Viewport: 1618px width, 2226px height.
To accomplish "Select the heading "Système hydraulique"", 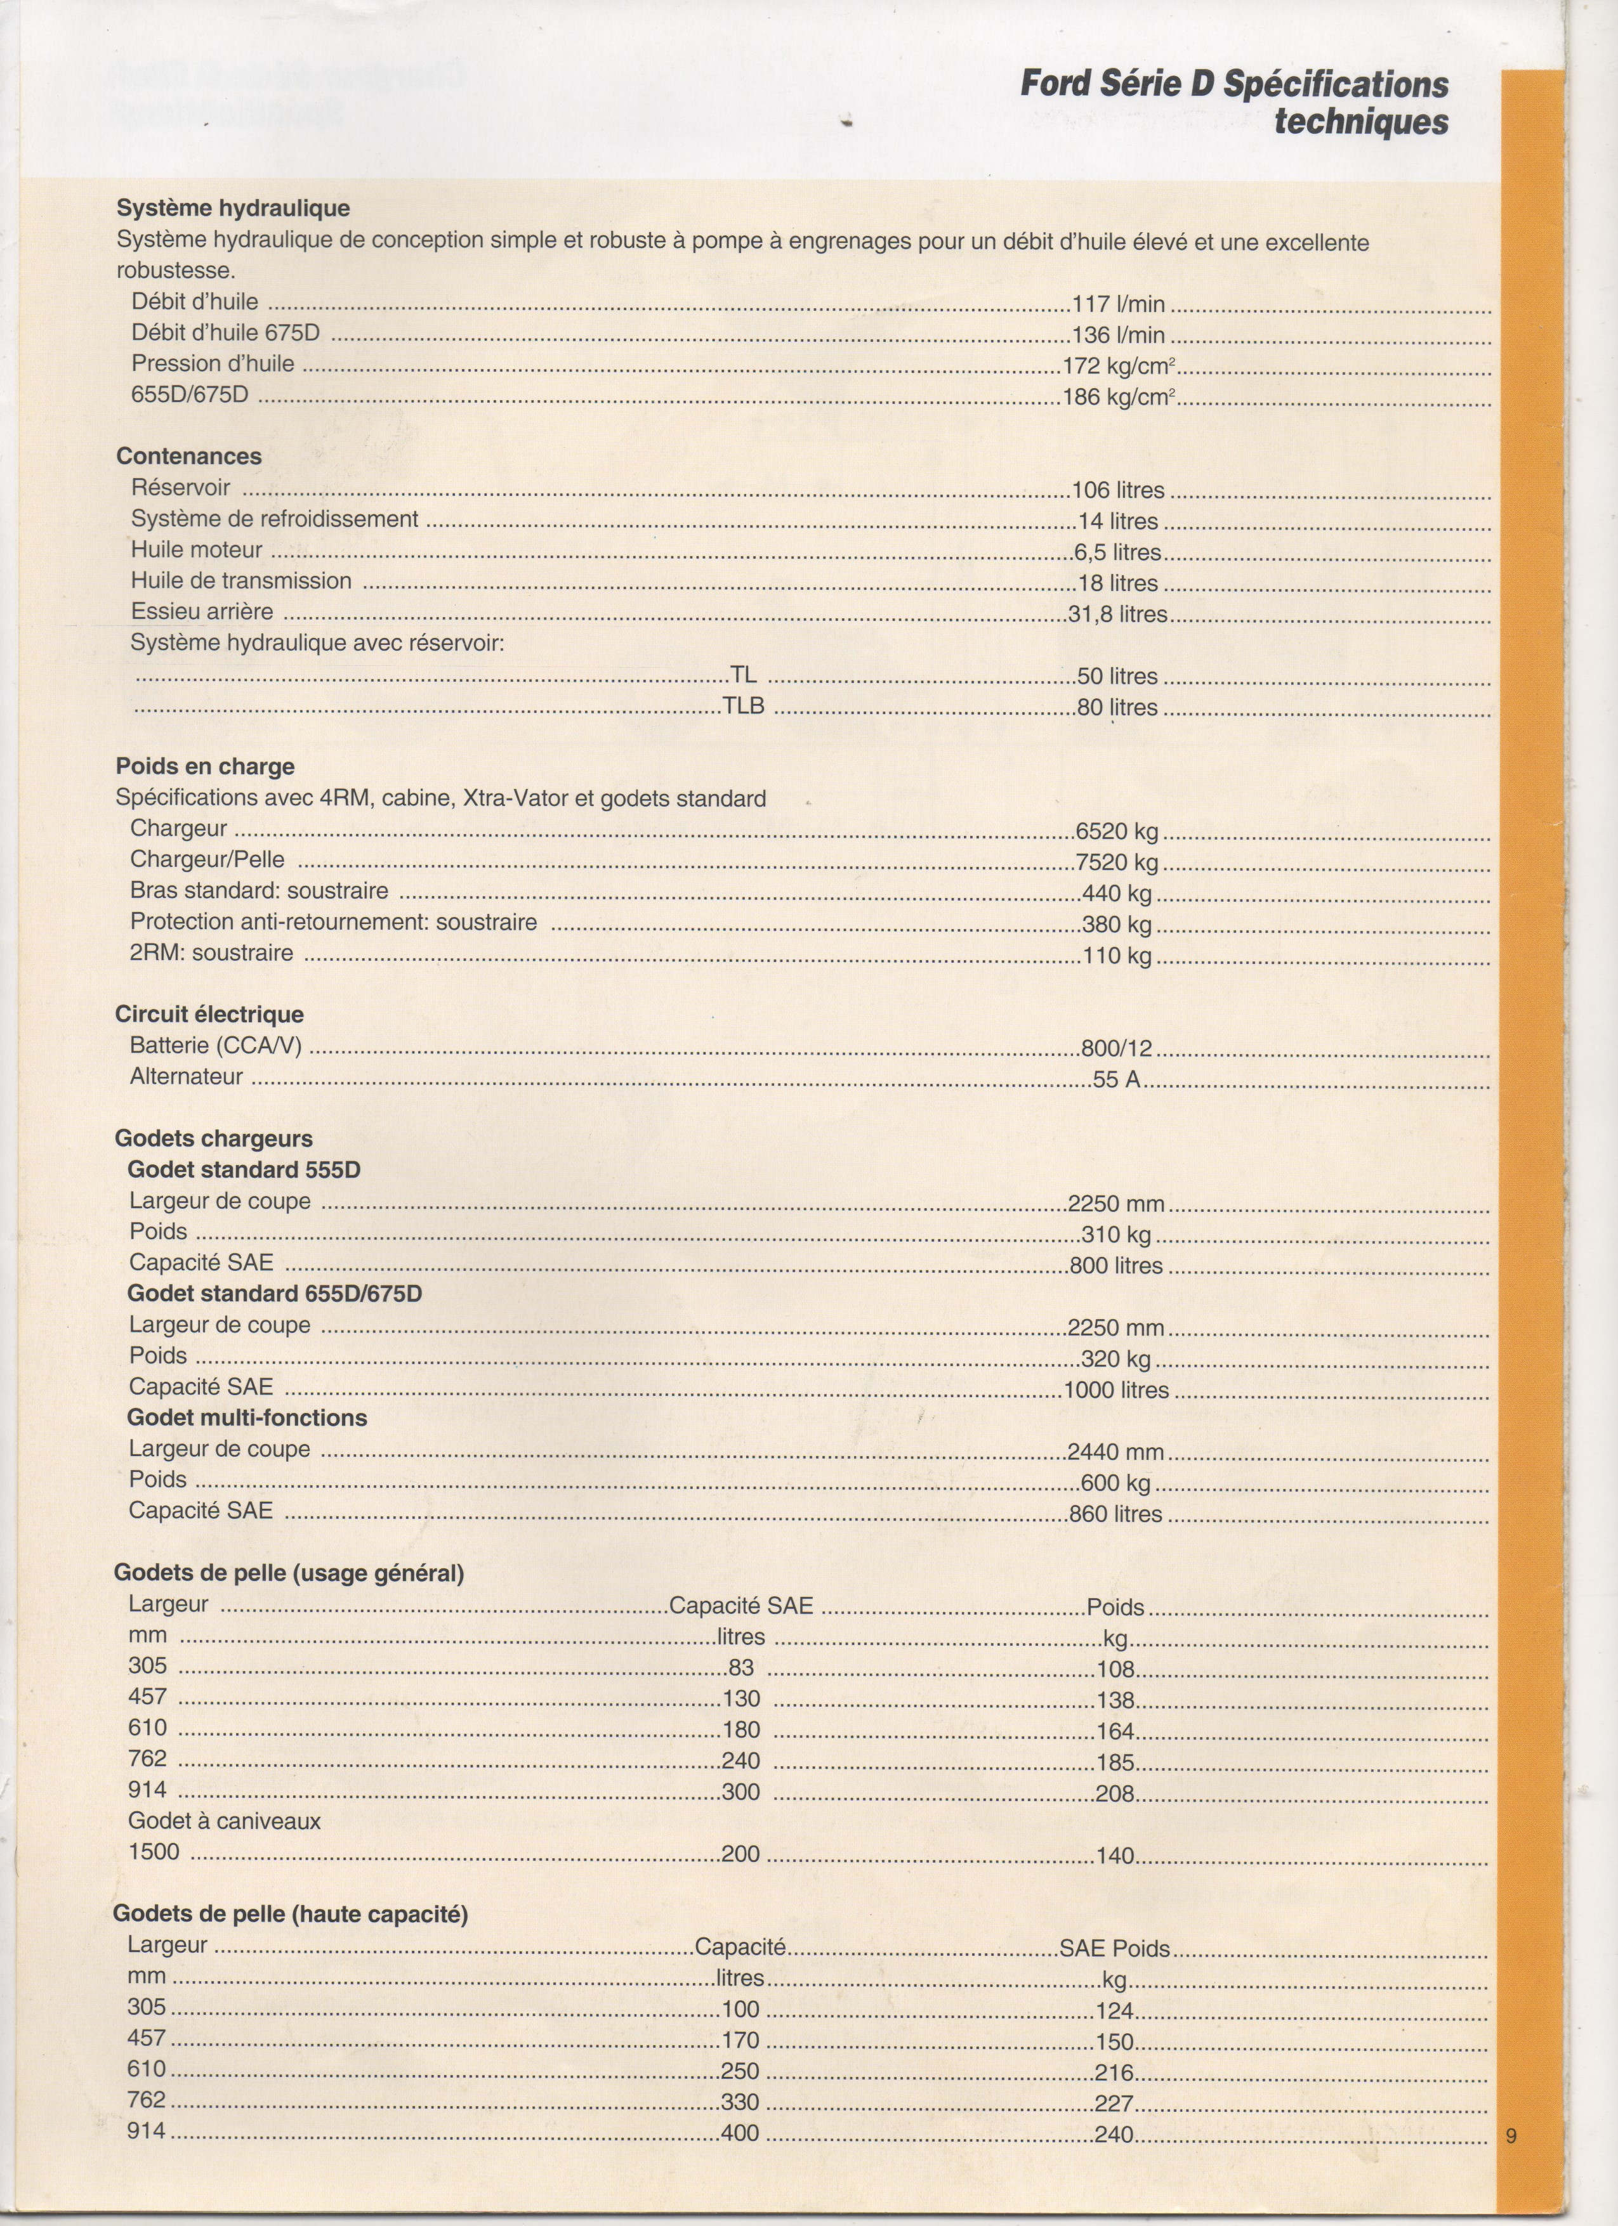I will [233, 208].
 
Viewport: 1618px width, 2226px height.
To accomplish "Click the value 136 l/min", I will [1118, 335].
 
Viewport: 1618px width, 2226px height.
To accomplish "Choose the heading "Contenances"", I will [188, 457].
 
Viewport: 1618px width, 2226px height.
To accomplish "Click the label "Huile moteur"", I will [196, 550].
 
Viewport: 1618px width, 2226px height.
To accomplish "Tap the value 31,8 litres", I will [1118, 615].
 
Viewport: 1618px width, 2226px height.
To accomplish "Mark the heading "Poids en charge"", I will [204, 767].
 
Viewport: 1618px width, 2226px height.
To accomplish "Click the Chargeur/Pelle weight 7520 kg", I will [1117, 862].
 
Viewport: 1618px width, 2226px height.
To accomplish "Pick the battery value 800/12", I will [1116, 1048].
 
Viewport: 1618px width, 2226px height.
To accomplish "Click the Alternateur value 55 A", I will [1116, 1079].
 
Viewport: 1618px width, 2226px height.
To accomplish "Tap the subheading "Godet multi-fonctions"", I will [246, 1417].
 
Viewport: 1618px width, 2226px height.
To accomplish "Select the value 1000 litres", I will [1116, 1390].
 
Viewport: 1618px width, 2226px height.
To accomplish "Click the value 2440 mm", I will [1115, 1452].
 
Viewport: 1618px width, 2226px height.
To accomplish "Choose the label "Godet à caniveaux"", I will [224, 1821].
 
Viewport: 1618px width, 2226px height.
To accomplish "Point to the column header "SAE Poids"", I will [1114, 1948].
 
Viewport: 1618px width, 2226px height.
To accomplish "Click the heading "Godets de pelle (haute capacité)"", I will [291, 1914].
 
